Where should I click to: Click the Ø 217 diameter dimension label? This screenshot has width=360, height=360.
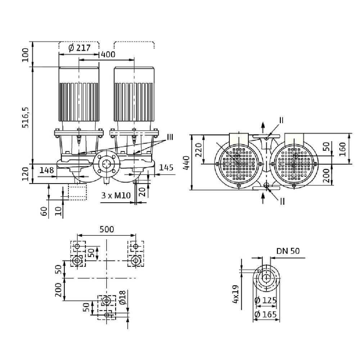[x=78, y=48]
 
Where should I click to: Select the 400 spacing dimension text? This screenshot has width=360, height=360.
[x=108, y=54]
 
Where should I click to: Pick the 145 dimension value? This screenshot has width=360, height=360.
[x=166, y=167]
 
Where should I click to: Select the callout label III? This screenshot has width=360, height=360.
[x=170, y=137]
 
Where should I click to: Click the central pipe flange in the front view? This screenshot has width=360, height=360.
[x=105, y=164]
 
